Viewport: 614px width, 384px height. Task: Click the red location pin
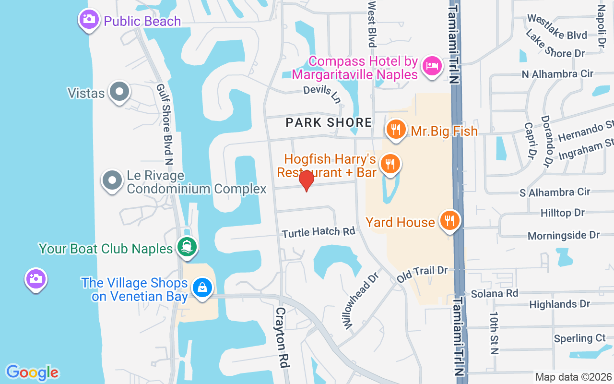306,180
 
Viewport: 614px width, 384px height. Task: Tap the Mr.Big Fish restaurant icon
396,130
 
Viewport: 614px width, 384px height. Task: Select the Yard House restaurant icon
449,221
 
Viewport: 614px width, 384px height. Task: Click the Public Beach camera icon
89,20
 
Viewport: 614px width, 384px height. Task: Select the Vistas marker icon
119,91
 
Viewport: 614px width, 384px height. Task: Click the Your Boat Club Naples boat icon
187,247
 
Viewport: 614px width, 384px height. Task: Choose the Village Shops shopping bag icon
202,288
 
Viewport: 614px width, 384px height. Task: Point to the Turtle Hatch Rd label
319,232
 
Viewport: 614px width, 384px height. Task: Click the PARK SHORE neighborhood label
329,122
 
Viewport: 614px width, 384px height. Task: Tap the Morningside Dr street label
564,235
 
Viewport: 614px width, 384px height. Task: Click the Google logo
33,372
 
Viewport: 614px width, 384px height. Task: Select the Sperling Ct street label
580,338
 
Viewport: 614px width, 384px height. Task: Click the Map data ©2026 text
574,377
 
